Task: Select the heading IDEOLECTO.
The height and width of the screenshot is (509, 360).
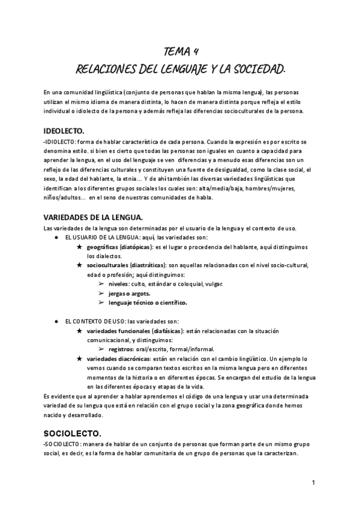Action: [x=64, y=130]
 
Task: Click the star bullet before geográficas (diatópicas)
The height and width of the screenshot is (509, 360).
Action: [x=80, y=247]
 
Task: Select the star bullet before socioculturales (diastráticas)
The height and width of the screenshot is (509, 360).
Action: [x=80, y=265]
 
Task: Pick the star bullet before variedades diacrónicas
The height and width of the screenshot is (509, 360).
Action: [x=80, y=358]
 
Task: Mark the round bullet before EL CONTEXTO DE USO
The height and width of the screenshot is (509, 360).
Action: [x=56, y=321]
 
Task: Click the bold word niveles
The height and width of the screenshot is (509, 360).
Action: [x=119, y=283]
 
